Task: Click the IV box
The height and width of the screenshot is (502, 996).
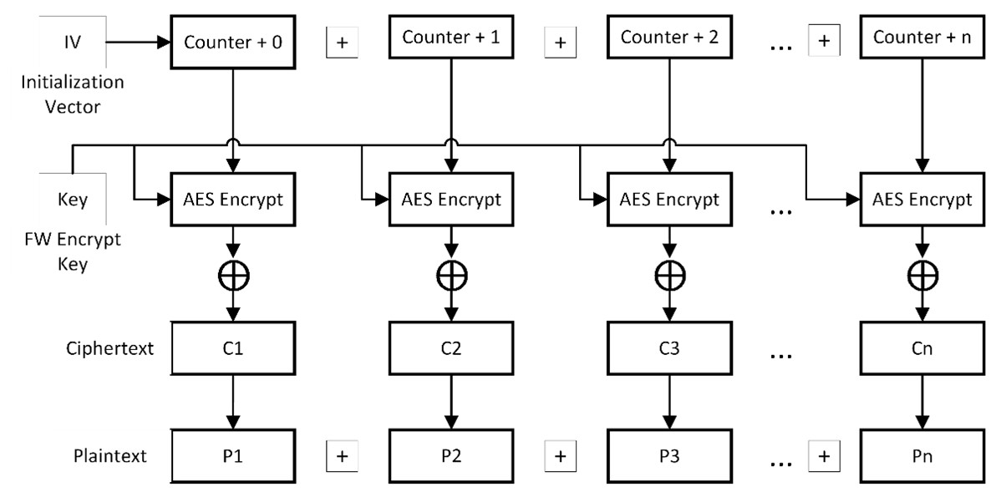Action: pos(74,41)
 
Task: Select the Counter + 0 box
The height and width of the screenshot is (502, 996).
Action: pos(233,41)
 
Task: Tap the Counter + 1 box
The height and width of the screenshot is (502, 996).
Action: pos(451,38)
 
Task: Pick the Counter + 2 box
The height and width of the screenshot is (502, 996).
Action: pos(669,38)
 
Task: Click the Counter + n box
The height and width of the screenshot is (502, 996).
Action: pos(922,38)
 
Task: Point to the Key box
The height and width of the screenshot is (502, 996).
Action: pos(74,201)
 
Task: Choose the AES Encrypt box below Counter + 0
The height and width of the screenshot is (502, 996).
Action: pos(233,200)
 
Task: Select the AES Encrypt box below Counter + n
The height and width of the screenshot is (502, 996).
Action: pos(922,200)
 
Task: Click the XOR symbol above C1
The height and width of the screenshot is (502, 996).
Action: pos(233,275)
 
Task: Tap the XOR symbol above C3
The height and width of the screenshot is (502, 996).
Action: pos(669,275)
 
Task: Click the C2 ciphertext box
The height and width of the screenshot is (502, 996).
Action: pos(451,348)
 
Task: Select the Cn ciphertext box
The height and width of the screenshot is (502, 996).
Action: pos(922,348)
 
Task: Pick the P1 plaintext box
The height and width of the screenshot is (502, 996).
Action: pos(233,455)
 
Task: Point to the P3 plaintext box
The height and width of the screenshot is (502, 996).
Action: pos(669,455)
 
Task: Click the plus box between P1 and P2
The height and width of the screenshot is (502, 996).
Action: pos(342,456)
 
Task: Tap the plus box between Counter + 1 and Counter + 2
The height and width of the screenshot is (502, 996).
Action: pos(560,43)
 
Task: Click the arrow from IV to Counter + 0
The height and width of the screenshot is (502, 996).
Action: pos(138,41)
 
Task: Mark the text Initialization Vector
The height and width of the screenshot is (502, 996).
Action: pos(74,94)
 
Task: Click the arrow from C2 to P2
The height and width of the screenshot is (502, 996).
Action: pos(451,401)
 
